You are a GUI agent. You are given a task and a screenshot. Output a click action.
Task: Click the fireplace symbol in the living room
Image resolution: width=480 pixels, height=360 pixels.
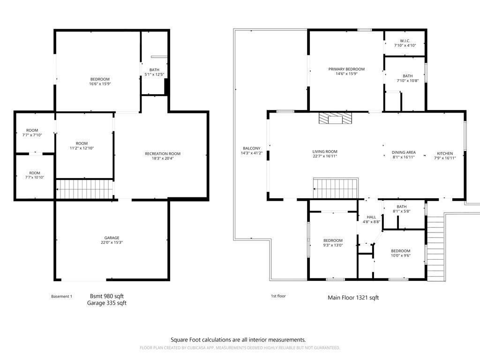335,119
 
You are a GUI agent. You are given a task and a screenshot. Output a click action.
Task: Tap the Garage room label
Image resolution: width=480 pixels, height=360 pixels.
112,238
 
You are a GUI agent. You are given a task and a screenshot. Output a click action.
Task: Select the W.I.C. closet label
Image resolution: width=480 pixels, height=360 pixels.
405,41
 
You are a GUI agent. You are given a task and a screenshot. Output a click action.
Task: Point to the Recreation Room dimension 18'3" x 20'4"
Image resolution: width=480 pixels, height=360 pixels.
162,158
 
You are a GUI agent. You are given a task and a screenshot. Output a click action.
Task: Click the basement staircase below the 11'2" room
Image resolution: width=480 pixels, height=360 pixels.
85,189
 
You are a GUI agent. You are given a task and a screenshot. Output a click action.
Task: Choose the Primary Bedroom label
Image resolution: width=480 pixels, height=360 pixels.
346,69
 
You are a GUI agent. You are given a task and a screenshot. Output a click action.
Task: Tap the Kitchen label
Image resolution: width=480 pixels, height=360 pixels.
445,153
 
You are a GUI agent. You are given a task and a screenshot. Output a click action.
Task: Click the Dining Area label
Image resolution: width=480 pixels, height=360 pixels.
404,152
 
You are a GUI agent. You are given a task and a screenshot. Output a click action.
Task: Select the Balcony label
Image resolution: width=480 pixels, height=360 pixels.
251,148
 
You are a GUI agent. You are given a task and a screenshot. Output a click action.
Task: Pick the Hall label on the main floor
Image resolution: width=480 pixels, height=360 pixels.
371,217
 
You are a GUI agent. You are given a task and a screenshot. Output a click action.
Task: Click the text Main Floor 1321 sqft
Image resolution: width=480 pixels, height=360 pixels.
353,298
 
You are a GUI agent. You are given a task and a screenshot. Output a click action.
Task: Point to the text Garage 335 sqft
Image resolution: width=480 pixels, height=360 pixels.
106,303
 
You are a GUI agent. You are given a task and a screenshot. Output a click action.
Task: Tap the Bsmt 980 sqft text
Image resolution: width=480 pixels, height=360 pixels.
107,296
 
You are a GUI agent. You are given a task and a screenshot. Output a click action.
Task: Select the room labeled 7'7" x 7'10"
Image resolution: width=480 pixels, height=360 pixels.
32,133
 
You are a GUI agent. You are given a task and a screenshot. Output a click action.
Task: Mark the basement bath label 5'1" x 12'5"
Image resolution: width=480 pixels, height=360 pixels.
154,72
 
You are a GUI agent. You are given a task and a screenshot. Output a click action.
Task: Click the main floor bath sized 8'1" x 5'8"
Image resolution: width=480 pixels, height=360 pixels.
401,209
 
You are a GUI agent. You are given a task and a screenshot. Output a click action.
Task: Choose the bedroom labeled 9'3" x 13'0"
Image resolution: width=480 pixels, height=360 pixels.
333,243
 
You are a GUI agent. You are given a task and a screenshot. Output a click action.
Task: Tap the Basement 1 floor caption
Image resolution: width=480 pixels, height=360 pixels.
61,296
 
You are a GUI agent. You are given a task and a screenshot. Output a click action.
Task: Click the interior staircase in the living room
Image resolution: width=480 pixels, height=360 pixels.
335,189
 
